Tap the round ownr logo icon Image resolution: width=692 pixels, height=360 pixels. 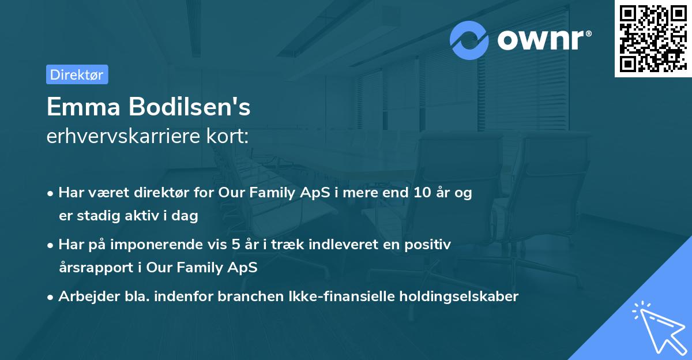tap(469, 40)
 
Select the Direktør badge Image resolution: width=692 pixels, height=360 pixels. tap(77, 74)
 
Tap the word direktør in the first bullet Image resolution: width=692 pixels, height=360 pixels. tap(164, 193)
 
